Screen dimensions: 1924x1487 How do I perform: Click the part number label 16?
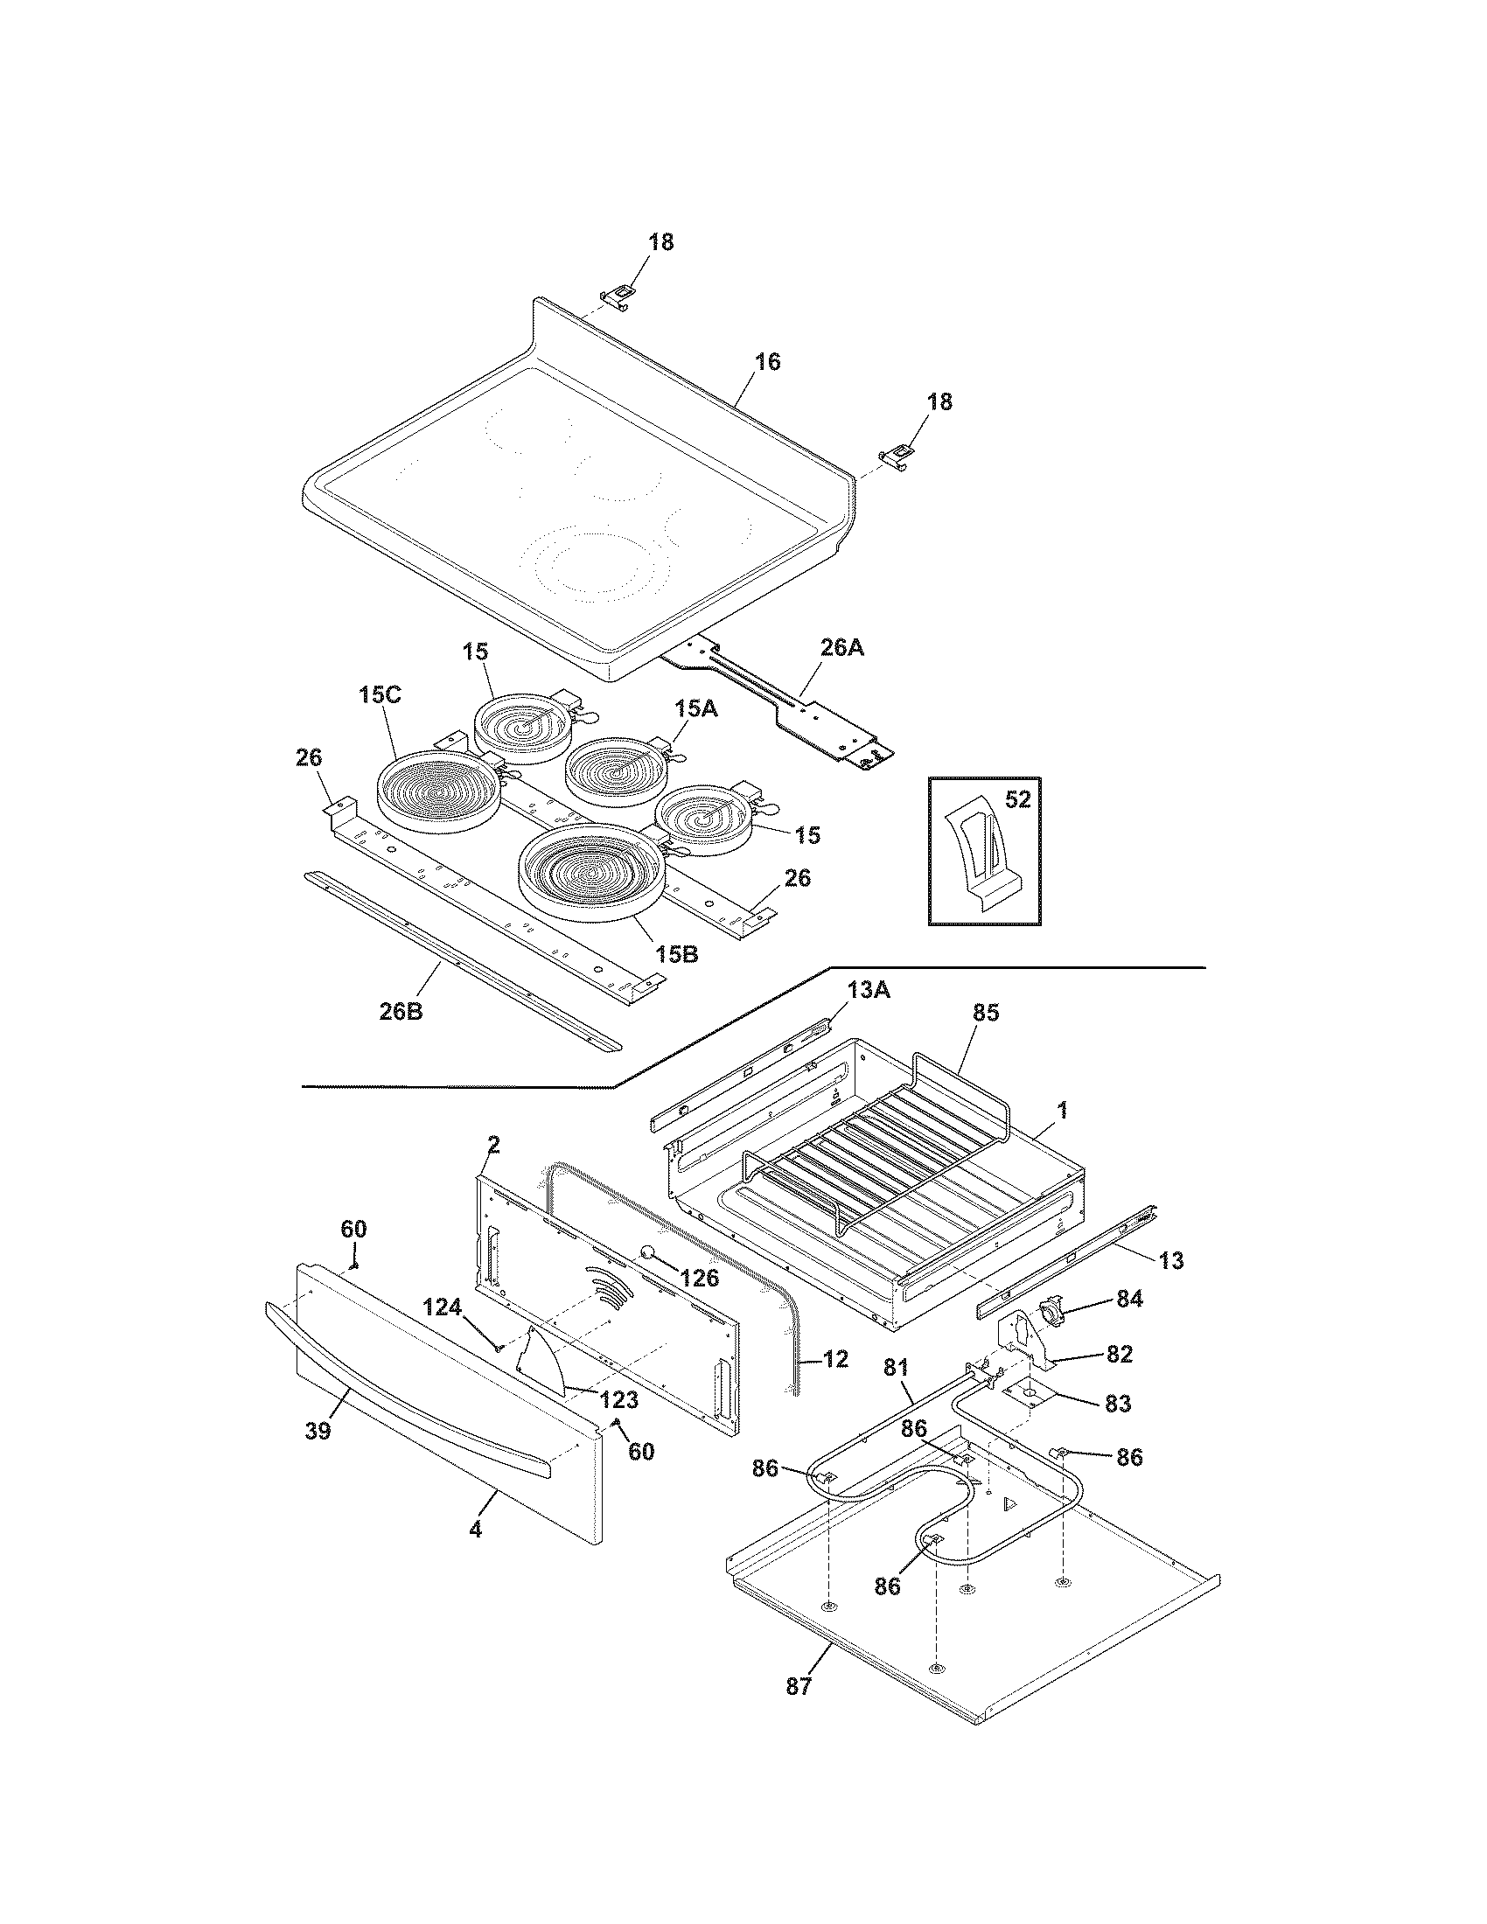[767, 362]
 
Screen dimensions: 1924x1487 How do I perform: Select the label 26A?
[841, 648]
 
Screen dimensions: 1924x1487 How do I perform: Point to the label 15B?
[675, 954]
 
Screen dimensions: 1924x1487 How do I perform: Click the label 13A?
[869, 991]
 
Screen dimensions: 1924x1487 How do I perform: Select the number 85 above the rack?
[986, 1013]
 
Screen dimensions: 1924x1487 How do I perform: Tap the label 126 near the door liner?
[701, 1278]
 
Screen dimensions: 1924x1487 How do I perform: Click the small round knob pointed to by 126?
[647, 1253]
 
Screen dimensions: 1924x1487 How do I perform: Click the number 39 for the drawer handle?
[318, 1432]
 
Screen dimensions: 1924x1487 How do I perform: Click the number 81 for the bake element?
[895, 1368]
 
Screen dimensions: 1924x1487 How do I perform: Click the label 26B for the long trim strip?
[401, 1011]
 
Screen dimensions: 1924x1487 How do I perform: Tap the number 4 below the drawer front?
[475, 1530]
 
